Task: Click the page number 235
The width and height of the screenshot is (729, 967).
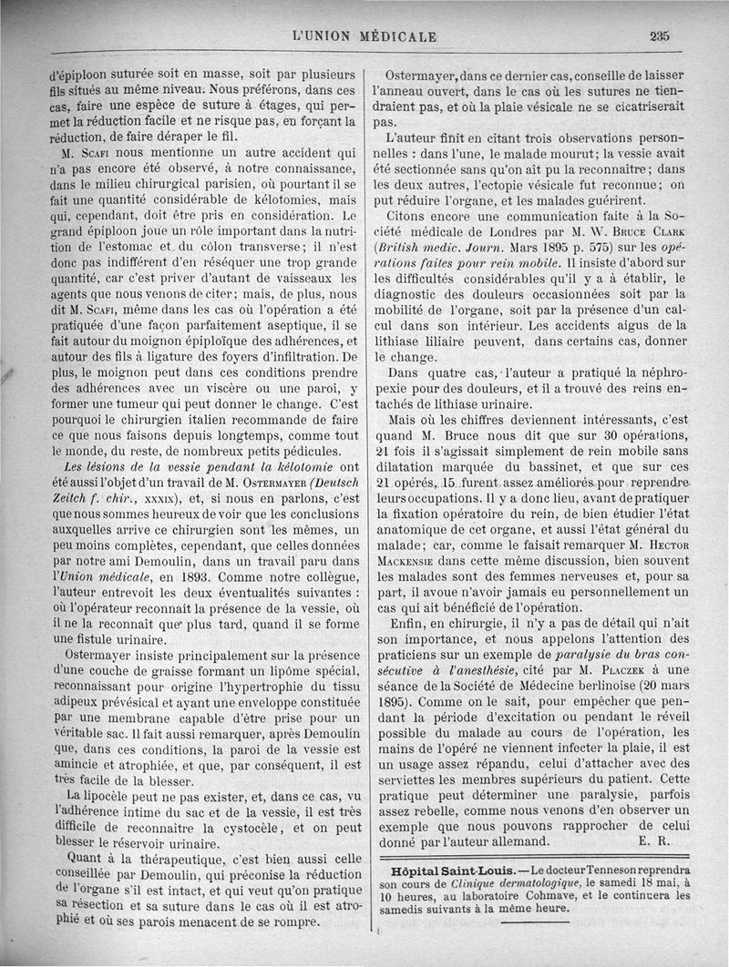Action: (x=661, y=36)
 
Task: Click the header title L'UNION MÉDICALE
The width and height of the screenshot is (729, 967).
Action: (x=364, y=37)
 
